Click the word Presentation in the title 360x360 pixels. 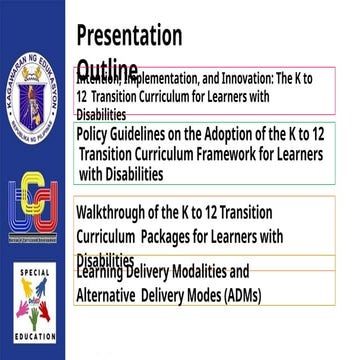[129, 36]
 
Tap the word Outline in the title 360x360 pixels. [107, 67]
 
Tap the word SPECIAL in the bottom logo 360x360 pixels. [35, 273]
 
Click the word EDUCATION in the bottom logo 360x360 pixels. [35, 337]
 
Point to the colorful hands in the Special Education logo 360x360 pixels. [35, 304]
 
